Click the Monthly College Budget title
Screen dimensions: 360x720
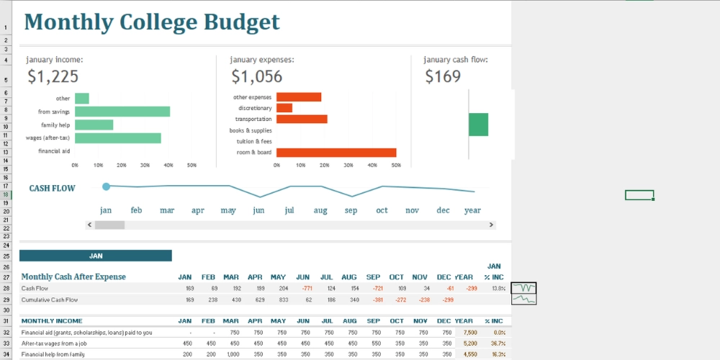pos(151,22)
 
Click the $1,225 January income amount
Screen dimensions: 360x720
pos(53,76)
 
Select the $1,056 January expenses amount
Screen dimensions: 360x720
pos(256,76)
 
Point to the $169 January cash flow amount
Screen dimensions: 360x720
pos(442,76)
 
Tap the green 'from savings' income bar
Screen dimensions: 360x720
pos(122,112)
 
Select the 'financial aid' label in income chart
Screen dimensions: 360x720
pos(54,151)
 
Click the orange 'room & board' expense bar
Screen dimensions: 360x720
pos(336,152)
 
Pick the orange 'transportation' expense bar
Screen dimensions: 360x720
pos(302,119)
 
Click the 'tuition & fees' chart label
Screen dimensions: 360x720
pos(254,141)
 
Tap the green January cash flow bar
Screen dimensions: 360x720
pos(478,125)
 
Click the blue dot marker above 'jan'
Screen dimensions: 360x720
pos(107,186)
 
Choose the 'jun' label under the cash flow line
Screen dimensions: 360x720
pos(258,210)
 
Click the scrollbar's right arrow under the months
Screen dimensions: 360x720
pos(492,225)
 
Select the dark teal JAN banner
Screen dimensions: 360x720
pos(96,256)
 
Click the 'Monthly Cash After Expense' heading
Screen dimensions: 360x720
pos(73,276)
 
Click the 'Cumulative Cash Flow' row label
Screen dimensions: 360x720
pos(50,300)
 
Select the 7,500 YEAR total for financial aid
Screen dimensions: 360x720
pos(469,333)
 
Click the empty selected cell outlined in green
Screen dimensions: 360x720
pos(639,195)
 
